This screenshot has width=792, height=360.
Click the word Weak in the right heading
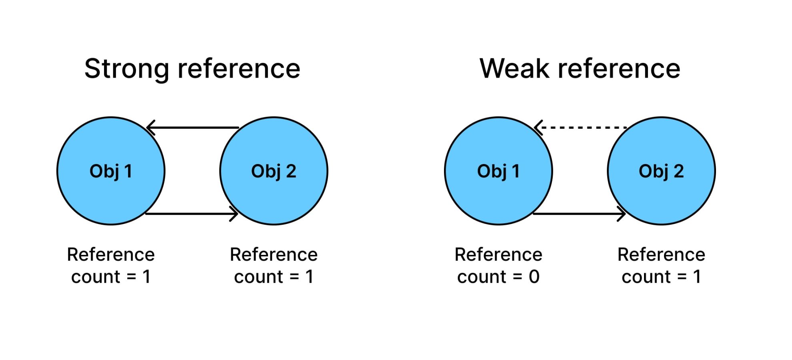[514, 69]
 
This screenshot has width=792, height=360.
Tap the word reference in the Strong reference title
[239, 69]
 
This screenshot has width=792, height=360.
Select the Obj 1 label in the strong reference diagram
[111, 171]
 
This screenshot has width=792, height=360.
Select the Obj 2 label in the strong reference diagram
[274, 171]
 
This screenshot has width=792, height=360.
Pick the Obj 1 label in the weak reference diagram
[498, 171]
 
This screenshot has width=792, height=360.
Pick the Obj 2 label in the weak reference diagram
[661, 171]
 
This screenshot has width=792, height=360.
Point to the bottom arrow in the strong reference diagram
[192, 214]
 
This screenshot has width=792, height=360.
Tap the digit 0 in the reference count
[534, 277]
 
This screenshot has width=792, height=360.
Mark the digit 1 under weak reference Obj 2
[697, 277]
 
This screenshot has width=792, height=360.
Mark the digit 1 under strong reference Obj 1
[146, 277]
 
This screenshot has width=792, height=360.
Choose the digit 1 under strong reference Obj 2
[309, 277]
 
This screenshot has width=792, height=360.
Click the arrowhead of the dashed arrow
[538, 128]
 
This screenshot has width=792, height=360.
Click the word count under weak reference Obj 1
[482, 277]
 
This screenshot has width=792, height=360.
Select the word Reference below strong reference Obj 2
[274, 255]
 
